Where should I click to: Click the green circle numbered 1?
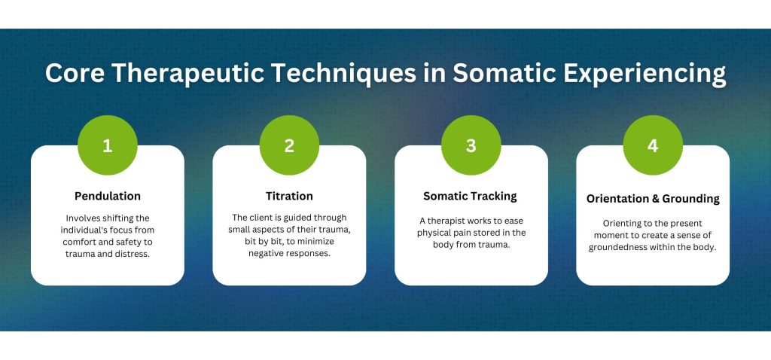(x=108, y=145)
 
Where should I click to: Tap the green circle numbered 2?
(x=289, y=145)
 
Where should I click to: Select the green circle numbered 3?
(x=471, y=145)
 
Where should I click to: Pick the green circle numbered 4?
(x=653, y=145)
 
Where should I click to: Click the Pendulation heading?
(x=108, y=196)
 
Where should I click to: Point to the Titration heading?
(x=289, y=196)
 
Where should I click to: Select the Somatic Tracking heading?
(x=471, y=196)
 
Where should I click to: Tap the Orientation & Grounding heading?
(x=653, y=199)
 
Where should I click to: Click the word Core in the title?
(x=74, y=73)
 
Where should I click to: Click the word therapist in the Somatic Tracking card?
(x=450, y=221)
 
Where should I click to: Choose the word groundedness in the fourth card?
(x=627, y=247)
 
